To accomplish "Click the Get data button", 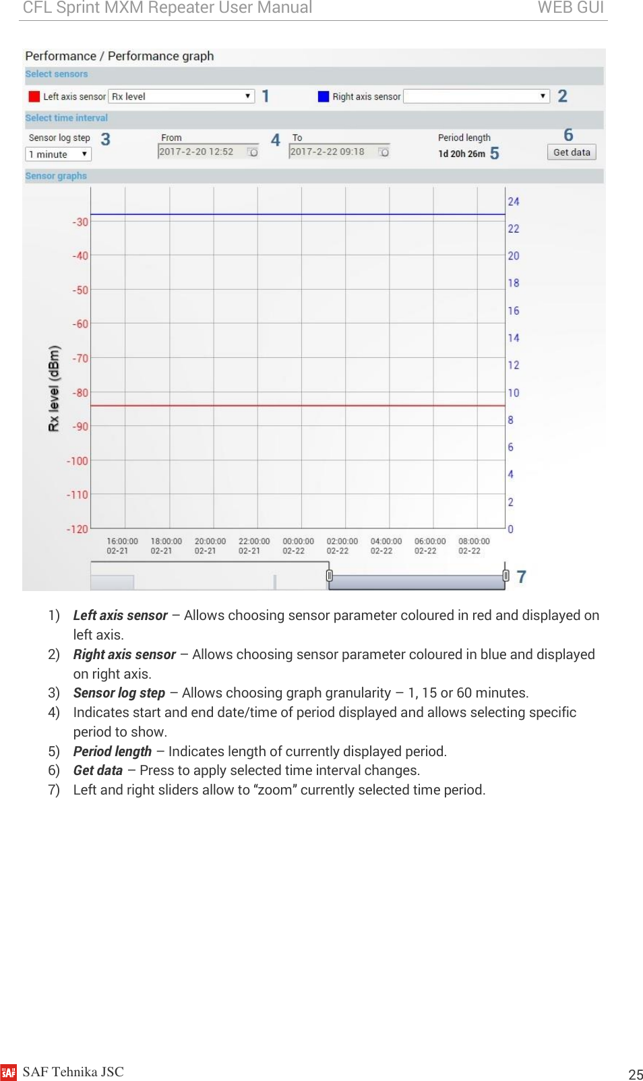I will point(571,152).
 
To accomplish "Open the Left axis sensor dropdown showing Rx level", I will point(182,96).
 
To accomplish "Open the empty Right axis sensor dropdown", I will point(476,96).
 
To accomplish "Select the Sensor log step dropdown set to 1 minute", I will point(58,154).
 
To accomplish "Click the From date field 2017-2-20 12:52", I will point(208,152).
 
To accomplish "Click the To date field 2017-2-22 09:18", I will point(339,152).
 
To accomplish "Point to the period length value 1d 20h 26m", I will point(462,154).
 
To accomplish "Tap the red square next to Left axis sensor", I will point(34,96).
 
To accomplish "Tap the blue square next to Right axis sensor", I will point(323,96).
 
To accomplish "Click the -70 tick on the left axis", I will point(81,359).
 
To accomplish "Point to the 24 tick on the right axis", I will point(514,202).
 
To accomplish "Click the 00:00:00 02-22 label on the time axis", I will point(298,546).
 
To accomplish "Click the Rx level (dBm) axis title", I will point(54,388).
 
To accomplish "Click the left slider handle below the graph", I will point(329,575).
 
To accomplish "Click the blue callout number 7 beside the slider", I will point(521,577).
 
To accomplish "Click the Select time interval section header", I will point(66,118).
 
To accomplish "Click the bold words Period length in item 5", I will point(112,751).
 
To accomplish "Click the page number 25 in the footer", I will point(635,1074).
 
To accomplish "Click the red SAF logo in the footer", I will point(9,1072).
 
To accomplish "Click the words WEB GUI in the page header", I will point(570,8).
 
